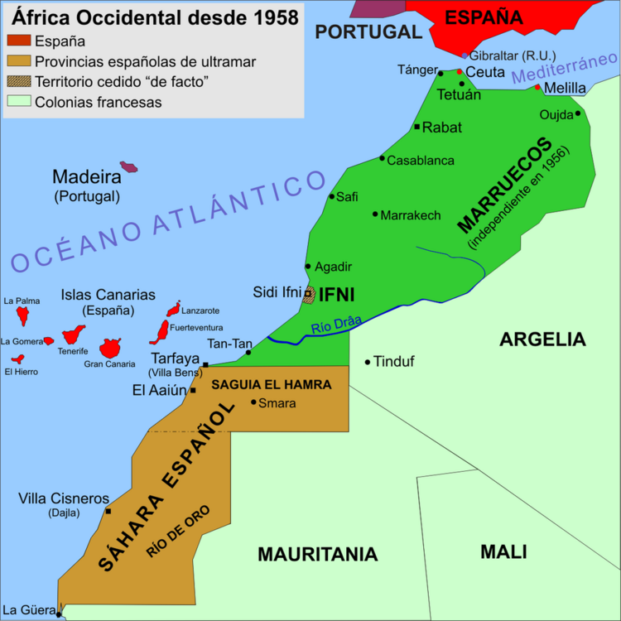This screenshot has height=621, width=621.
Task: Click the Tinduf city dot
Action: point(368,362)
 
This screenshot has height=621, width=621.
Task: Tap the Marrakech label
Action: point(411,215)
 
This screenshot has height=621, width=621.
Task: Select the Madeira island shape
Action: point(128,166)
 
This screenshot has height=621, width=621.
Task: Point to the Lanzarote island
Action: point(173,309)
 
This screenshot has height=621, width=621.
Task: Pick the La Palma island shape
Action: point(23,315)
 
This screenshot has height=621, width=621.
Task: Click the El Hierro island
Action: point(17,359)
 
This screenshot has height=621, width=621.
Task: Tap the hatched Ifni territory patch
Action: point(309,295)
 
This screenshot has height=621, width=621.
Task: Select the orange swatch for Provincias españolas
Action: point(18,60)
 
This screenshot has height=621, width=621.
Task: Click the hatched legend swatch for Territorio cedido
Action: point(18,81)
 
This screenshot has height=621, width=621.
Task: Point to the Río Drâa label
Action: point(336,327)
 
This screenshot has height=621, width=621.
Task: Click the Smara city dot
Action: point(253,402)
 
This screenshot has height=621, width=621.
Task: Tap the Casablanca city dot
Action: point(382,158)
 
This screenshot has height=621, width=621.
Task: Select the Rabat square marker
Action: point(416,127)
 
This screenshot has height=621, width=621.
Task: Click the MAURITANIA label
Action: point(317,555)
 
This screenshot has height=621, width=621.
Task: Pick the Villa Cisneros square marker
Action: point(108,511)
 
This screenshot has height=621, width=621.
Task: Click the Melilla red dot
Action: point(537,87)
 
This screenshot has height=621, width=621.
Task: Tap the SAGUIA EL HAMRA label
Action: point(272,384)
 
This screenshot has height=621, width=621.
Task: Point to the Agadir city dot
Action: point(308,267)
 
